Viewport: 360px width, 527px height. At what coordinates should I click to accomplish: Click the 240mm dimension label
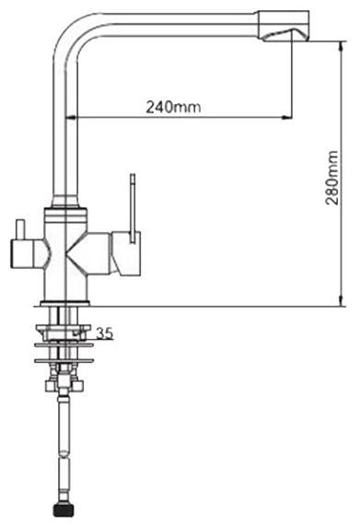174,106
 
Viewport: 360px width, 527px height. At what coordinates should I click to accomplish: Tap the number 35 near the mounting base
104,334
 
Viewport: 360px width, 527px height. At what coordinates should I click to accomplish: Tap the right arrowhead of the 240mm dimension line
286,118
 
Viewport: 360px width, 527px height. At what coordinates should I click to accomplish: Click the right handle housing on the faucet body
122,253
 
